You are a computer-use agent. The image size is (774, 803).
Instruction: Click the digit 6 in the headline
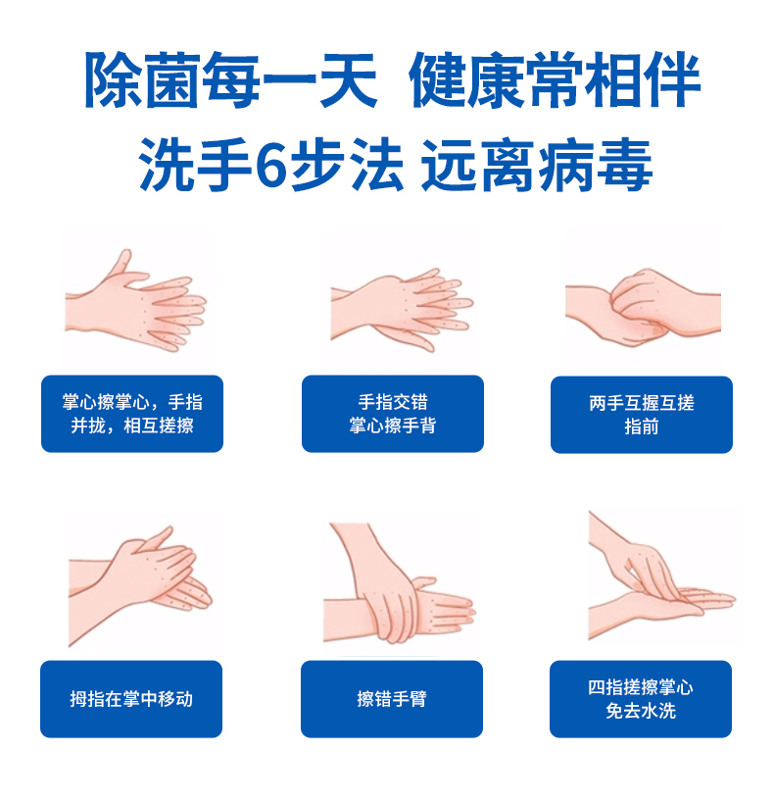[x=270, y=165]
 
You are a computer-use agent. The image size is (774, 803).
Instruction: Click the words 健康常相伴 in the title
[x=555, y=79]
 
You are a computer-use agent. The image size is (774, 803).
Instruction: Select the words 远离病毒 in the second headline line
[x=537, y=165]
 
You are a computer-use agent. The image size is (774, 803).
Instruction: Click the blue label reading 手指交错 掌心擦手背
[x=393, y=414]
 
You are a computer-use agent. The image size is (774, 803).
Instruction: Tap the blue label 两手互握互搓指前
[x=642, y=415]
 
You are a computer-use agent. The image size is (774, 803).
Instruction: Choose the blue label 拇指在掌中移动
[x=131, y=699]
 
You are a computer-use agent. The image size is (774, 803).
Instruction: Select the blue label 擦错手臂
[x=392, y=699]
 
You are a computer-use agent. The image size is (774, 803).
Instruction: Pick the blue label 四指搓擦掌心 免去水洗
[x=641, y=699]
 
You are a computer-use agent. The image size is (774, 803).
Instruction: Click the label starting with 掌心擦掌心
[x=132, y=414]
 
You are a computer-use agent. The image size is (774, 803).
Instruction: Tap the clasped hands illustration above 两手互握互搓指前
[x=643, y=307]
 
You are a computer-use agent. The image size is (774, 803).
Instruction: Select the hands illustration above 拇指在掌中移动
[x=140, y=583]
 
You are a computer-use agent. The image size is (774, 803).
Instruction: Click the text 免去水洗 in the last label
[x=641, y=711]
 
